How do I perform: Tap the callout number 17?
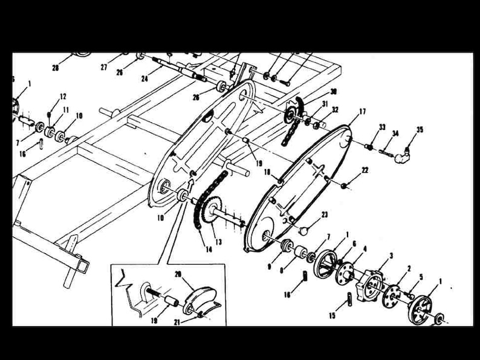362,111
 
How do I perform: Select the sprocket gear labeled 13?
212,212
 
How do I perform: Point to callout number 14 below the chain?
209,249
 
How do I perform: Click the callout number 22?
365,170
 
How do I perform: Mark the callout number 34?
395,133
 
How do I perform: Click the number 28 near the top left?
56,68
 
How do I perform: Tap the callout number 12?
63,97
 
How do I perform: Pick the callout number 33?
382,127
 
